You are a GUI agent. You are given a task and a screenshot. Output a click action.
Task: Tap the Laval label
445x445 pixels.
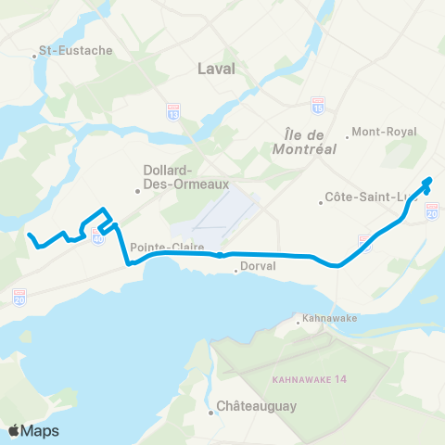point(217,69)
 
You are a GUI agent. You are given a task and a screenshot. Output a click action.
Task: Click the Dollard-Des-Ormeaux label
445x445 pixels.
point(169,175)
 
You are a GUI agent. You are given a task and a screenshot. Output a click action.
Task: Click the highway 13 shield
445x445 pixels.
point(172,111)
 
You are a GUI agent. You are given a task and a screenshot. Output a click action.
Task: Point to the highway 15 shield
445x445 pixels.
point(318,105)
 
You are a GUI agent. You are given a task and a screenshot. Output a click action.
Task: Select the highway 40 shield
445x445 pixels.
point(99,237)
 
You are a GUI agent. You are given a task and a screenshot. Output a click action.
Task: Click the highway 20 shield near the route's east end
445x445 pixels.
point(431,212)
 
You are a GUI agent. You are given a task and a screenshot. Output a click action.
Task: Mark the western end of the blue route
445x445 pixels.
point(29,235)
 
